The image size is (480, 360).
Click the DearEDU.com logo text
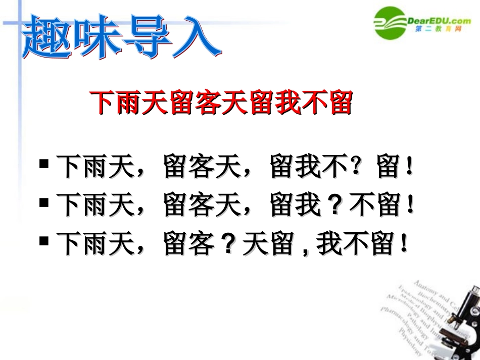tap(439, 20)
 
